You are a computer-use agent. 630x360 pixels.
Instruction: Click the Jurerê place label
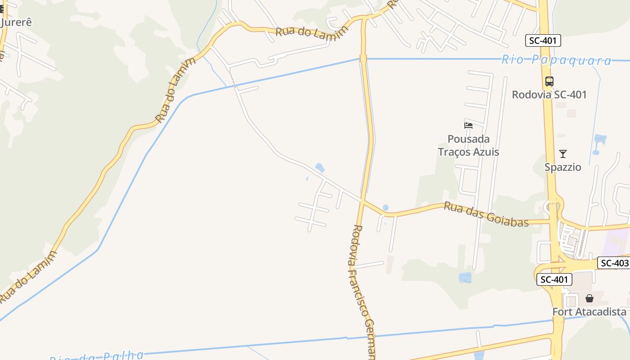point(17,22)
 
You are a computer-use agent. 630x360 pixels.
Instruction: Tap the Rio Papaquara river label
point(556,60)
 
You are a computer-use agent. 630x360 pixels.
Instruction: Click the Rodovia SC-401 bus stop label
point(549,94)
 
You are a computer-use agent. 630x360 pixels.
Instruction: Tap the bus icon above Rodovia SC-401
point(549,81)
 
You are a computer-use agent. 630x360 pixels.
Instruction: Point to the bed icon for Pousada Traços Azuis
point(468,125)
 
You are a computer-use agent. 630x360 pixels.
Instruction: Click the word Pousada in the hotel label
point(468,139)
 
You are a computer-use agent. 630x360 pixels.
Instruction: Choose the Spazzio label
point(562,167)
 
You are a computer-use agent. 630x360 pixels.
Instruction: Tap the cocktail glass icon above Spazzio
point(562,154)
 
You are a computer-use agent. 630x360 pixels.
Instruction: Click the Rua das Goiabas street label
point(486,214)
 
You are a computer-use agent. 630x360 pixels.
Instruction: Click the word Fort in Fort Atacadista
point(562,312)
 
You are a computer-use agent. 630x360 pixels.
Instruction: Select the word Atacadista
point(599,312)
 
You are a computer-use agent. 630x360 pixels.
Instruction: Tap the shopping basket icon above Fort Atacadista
point(589,298)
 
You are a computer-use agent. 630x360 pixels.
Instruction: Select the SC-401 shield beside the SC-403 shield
point(554,279)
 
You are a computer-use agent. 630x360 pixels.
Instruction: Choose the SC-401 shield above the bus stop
point(543,41)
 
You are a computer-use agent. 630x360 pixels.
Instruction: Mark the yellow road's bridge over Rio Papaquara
point(363,58)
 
